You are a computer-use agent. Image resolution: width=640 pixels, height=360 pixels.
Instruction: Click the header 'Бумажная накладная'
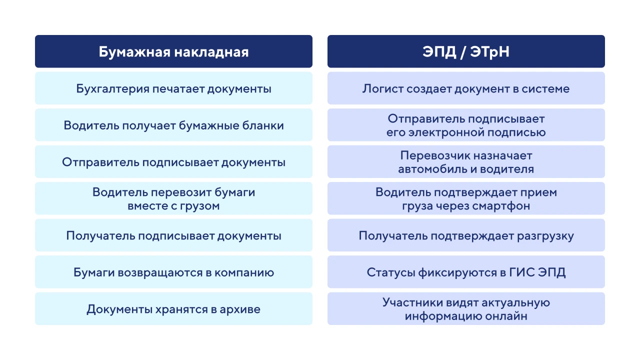pyautogui.click(x=173, y=51)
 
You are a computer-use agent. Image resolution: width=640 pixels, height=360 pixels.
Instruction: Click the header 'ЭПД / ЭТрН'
pyautogui.click(x=466, y=51)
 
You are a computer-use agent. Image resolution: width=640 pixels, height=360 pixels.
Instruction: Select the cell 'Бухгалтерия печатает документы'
pyautogui.click(x=173, y=88)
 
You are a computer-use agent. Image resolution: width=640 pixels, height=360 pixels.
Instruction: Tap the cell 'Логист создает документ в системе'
pyautogui.click(x=466, y=88)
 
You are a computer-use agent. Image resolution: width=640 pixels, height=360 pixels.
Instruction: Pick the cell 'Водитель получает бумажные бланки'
pyautogui.click(x=173, y=125)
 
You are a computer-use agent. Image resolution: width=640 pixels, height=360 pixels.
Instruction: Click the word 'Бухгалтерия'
pyautogui.click(x=112, y=89)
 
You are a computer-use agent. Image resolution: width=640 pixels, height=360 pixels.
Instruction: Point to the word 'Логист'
pyautogui.click(x=382, y=89)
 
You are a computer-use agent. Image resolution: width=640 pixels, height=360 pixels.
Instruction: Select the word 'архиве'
pyautogui.click(x=240, y=309)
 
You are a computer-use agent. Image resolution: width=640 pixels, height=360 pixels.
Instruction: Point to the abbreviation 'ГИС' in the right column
pyautogui.click(x=521, y=272)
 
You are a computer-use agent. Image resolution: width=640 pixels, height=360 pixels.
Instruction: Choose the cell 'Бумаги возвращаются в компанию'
pyautogui.click(x=173, y=272)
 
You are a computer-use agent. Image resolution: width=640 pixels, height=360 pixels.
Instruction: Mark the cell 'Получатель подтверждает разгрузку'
pyautogui.click(x=466, y=235)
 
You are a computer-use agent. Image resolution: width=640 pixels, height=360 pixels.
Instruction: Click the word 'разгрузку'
pyautogui.click(x=545, y=236)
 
